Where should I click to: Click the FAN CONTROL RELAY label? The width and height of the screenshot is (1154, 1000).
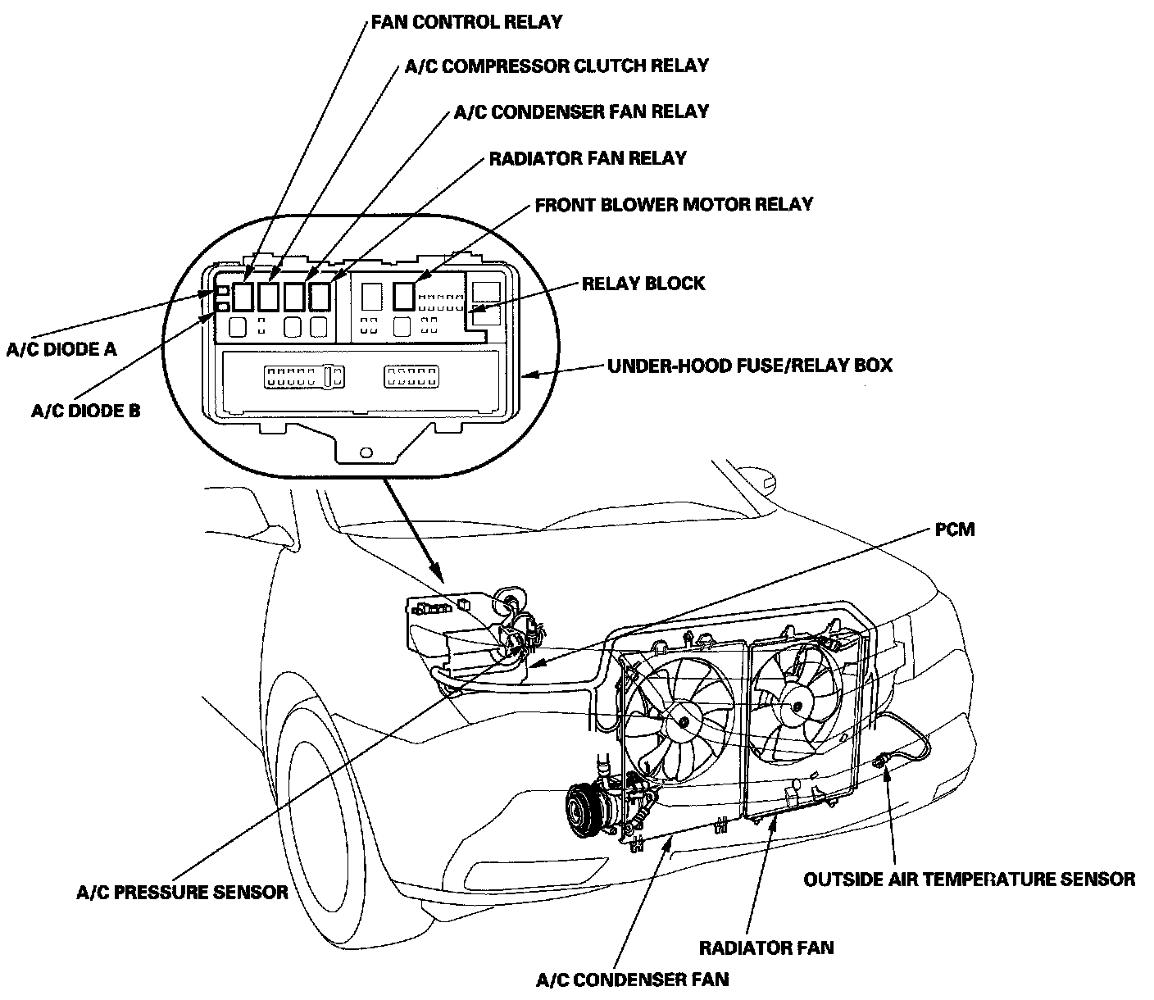tap(466, 21)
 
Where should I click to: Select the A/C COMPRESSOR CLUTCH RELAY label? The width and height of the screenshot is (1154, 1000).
tap(557, 66)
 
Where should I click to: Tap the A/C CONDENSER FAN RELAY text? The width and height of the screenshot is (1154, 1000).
tap(581, 111)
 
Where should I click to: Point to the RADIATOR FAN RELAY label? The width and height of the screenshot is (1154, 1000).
tap(588, 157)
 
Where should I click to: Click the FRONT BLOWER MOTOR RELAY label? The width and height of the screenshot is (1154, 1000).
tap(674, 204)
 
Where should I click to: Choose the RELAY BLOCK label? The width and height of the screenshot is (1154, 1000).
tap(643, 284)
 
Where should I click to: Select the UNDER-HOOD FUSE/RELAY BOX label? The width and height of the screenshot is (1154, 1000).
tap(749, 365)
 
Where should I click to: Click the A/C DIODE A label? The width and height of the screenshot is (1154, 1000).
tap(61, 350)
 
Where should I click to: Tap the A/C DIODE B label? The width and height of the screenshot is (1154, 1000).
tap(86, 411)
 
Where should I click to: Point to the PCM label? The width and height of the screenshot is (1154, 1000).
tap(955, 530)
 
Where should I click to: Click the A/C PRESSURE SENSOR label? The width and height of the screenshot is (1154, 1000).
tap(182, 893)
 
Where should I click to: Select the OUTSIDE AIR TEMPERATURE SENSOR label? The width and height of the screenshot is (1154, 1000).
tap(969, 880)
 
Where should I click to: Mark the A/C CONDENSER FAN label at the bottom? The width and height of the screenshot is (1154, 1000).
tap(632, 979)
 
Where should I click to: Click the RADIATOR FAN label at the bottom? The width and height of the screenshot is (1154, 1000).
tap(766, 948)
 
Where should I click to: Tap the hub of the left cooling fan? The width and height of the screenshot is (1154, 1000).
tap(679, 722)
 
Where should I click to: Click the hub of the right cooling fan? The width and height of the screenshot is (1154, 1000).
tap(794, 703)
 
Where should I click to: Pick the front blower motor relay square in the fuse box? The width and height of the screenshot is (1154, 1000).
tap(403, 295)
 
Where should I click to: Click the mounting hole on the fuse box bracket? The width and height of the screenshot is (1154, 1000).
tap(366, 451)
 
